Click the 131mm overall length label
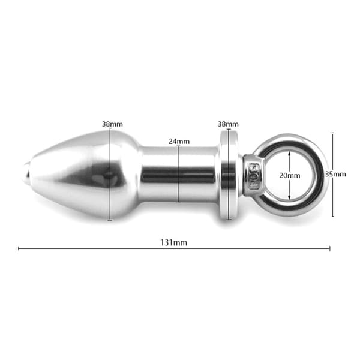tap(173, 242)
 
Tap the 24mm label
tap(179, 141)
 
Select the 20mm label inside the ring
tap(290, 175)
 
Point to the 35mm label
tap(335, 174)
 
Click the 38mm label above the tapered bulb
tap(112, 124)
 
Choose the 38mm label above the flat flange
tap(228, 124)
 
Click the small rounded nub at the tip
tap(26, 174)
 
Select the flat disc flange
tap(228, 175)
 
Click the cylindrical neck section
tap(179, 174)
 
